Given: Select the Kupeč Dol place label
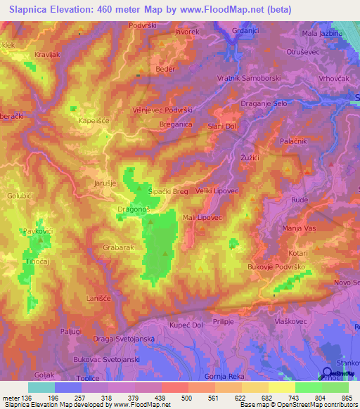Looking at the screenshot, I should [186, 325].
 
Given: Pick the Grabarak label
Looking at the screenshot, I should [118, 247].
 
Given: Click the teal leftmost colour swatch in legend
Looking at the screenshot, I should [41, 387].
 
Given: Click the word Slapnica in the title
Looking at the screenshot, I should [31, 8].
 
